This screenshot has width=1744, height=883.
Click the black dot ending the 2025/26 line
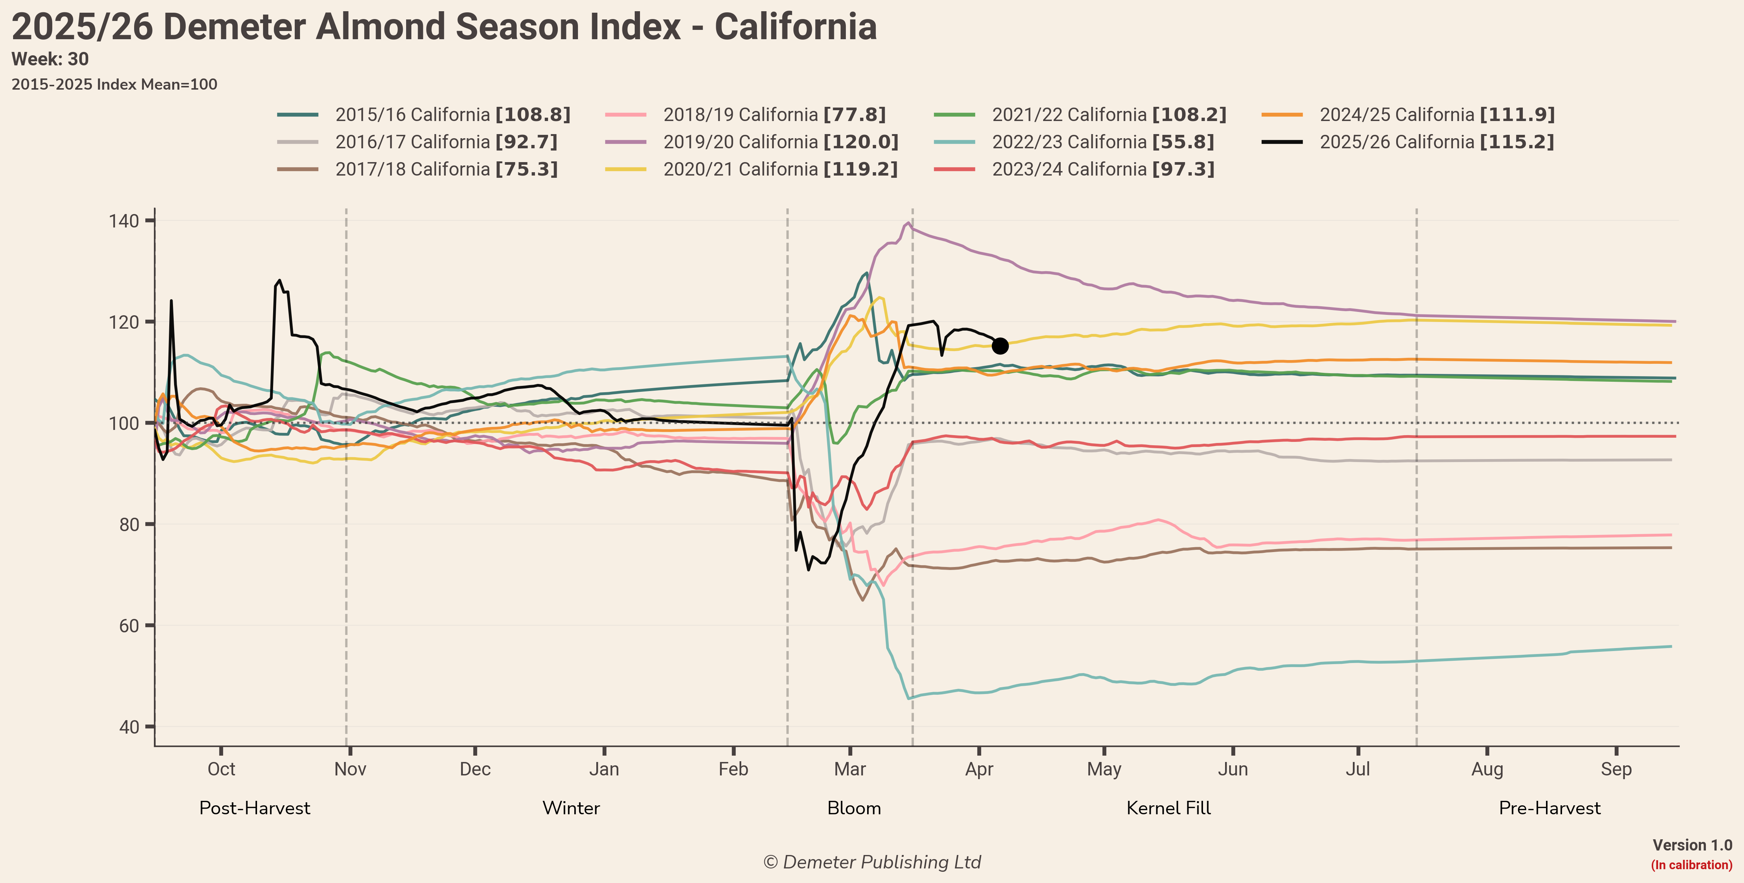(x=1000, y=346)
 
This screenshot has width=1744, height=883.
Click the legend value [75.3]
(x=526, y=169)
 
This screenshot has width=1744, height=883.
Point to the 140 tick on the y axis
(x=124, y=221)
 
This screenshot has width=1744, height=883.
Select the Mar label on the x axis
(x=850, y=769)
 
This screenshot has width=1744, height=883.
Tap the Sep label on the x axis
(x=1616, y=769)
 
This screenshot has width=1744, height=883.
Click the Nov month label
(x=350, y=769)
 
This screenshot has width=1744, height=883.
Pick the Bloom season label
(x=854, y=808)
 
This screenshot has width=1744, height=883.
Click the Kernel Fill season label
(x=1169, y=808)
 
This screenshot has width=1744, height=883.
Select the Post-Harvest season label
(x=254, y=808)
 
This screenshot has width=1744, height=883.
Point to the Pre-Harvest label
(x=1550, y=808)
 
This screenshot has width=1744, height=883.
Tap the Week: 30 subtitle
(x=50, y=59)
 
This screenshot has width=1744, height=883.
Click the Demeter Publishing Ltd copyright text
(x=872, y=862)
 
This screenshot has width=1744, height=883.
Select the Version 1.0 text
(x=1692, y=845)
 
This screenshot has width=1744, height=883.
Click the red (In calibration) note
(x=1691, y=865)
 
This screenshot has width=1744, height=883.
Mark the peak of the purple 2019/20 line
(x=908, y=223)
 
